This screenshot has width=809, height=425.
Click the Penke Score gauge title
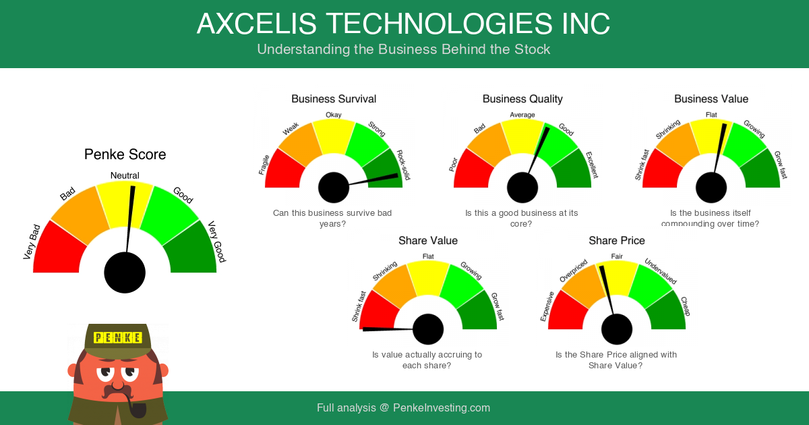pos(125,154)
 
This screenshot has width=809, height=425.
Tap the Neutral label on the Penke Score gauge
pos(125,175)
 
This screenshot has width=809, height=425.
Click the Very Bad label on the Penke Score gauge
pos(32,242)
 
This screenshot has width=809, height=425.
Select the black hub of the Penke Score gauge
pos(125,273)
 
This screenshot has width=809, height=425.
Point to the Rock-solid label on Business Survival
pos(404,165)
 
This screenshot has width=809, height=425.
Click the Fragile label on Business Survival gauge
pos(264,165)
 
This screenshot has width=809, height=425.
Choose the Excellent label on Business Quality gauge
pos(592,165)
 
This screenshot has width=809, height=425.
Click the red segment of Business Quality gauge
pos(472,171)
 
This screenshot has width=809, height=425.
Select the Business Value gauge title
pos(711,99)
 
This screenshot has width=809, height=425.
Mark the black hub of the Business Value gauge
pos(711,188)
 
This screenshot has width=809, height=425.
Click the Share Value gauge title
pos(428,241)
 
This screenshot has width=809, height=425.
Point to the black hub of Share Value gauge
pos(428,329)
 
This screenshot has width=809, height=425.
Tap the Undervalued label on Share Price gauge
pos(661,271)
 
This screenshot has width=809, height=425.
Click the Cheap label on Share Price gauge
pos(686,306)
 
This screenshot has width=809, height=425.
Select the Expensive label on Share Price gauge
pos(547,306)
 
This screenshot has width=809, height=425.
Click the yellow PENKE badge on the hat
pos(118,338)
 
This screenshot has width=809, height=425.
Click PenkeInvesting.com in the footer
pos(442,407)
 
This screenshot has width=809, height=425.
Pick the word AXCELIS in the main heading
pos(257,24)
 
